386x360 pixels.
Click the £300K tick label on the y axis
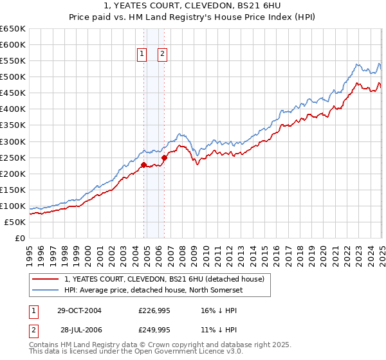point(12,141)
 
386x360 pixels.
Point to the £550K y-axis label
point(12,60)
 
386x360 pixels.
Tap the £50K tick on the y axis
point(15,222)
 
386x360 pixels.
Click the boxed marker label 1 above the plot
point(141,54)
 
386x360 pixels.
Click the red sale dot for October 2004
point(143,165)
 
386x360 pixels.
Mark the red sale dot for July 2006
point(164,157)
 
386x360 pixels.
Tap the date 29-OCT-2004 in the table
point(79,310)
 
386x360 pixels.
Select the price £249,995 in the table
point(154,329)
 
